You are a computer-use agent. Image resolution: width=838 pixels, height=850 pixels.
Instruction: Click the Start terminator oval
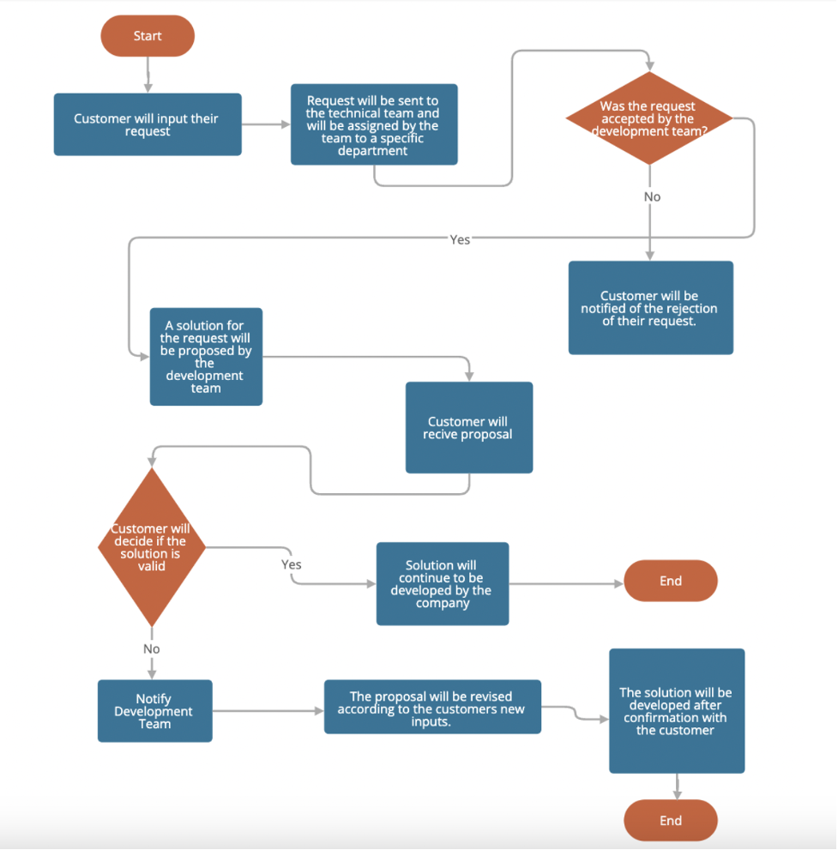148,36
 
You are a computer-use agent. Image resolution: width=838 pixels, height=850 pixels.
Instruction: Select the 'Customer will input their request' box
148,124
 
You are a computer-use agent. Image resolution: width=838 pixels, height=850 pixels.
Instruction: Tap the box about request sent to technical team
374,124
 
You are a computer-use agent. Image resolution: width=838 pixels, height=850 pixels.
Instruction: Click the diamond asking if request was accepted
649,118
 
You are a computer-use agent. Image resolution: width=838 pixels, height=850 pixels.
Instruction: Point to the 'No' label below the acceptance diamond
652,196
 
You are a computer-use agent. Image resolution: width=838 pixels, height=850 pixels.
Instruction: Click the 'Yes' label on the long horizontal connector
460,239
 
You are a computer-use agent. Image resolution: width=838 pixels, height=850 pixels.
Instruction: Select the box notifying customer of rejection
650,308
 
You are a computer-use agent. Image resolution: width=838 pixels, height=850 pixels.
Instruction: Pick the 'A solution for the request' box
206,357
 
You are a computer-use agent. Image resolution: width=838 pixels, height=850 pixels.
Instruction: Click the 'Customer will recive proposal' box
468,427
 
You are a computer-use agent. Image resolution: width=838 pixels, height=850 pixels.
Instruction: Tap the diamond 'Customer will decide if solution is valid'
152,547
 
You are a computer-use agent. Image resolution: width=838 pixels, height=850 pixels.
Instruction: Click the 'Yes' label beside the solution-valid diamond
292,564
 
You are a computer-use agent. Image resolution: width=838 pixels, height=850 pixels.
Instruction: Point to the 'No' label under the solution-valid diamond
152,648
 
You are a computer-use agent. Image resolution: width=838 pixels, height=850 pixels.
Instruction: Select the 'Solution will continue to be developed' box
442,583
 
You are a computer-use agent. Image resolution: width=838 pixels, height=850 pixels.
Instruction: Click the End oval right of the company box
670,581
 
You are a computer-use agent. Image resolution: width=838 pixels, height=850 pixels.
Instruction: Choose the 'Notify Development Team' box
154,711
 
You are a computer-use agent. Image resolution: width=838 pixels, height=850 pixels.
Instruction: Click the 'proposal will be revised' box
432,707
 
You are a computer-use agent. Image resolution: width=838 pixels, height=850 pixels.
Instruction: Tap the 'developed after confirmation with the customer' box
676,711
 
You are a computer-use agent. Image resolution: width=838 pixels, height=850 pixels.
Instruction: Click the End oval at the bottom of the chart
670,820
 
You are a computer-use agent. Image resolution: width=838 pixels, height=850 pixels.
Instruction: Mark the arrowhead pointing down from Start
148,87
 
